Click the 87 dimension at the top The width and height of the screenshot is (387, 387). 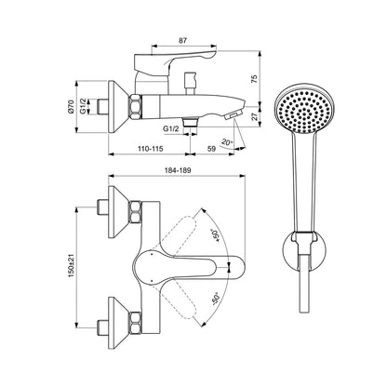[x=183, y=40]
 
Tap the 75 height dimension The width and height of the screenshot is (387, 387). [x=254, y=79]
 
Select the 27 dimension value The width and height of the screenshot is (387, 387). [x=254, y=117]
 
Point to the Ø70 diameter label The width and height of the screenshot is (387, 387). [x=71, y=107]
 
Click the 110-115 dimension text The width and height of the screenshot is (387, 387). [x=151, y=149]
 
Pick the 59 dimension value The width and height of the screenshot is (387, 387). [x=211, y=149]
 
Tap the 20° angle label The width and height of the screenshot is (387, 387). [x=227, y=142]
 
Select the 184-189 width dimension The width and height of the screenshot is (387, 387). [x=178, y=170]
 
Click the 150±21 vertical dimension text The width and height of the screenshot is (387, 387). [x=72, y=265]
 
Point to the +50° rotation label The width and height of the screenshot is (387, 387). [x=215, y=235]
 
